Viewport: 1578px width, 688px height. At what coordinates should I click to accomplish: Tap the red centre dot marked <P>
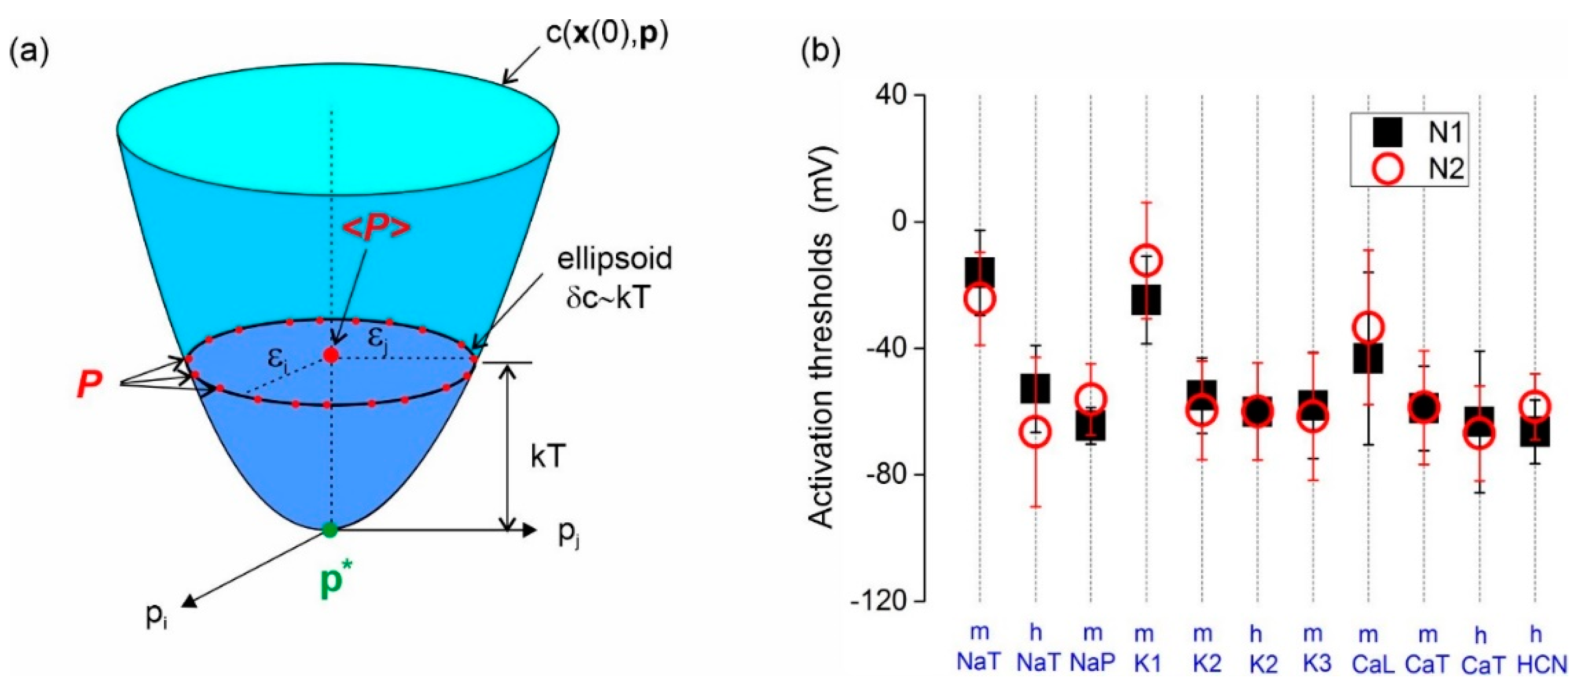(331, 355)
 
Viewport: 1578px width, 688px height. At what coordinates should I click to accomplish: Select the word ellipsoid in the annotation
(614, 259)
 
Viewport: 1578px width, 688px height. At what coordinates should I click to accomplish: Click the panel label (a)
(28, 52)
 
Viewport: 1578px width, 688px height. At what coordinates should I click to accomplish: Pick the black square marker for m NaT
(979, 273)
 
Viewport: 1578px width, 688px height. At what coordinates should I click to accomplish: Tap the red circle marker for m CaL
(1367, 327)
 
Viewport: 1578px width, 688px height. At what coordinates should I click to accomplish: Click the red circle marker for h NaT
(1035, 432)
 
